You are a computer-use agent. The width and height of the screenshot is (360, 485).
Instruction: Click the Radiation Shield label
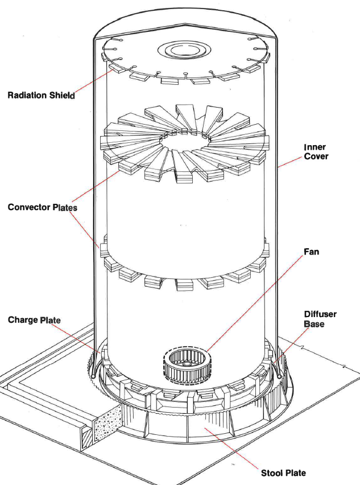point(41,95)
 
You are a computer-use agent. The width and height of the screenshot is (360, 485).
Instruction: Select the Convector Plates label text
point(42,207)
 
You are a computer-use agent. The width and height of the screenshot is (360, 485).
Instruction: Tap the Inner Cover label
point(316,152)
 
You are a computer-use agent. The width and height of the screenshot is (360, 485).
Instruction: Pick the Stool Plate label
point(283,472)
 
